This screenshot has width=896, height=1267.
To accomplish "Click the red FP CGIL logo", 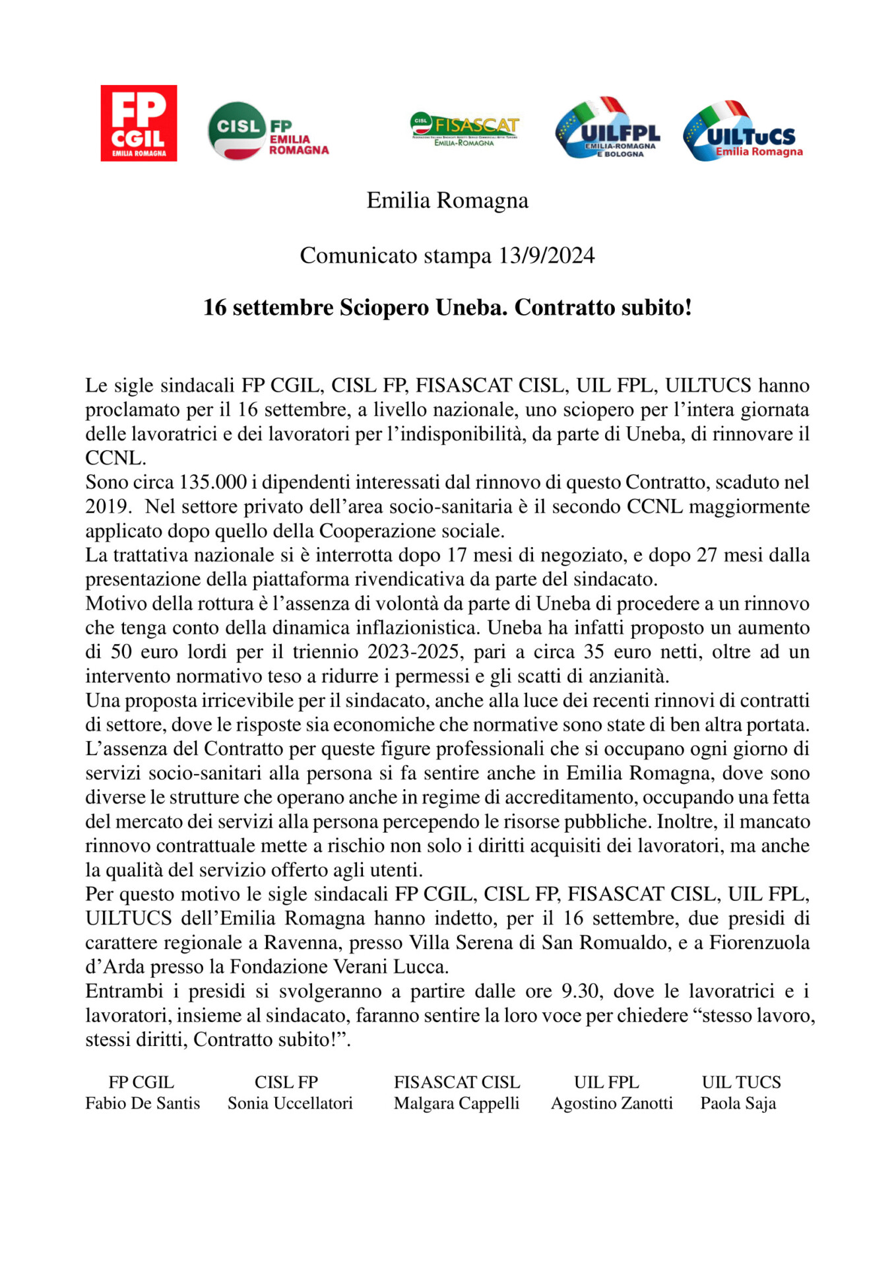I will pos(139,123).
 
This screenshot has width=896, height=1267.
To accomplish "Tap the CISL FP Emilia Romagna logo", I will pos(268,131).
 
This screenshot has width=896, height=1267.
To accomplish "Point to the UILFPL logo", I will pos(607,129).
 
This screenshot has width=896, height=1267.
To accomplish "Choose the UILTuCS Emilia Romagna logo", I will pos(742,131).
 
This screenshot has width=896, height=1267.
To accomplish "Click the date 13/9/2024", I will pos(547,255).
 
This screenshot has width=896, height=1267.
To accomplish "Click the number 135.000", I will pos(213,482).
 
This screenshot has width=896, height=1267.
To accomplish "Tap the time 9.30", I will pos(579,991).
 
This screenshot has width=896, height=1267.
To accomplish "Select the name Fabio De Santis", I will pos(143,1103).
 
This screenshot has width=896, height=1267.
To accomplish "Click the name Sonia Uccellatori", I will pos(290,1103).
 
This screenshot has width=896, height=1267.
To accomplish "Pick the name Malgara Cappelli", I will pos(457,1103).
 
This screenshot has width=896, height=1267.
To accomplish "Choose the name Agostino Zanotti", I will pos(612,1103).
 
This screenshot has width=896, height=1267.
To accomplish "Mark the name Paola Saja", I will pos(738,1103).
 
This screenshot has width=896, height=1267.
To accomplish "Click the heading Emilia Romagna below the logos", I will pos(447,201).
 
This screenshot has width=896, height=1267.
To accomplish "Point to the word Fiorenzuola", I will pos(759,943).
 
